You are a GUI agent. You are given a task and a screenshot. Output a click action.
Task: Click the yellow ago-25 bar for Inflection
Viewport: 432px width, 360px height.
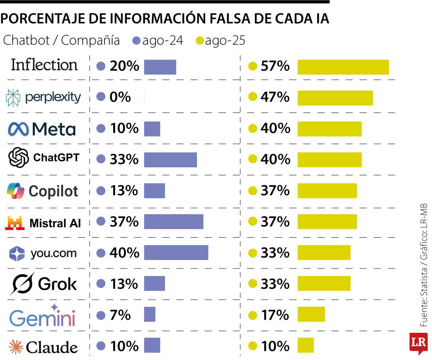click(x=343, y=67)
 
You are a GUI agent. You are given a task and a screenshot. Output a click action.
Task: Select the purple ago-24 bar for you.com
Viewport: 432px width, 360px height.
click(x=176, y=253)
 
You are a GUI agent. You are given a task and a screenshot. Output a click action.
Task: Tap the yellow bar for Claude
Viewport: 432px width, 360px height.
click(x=306, y=345)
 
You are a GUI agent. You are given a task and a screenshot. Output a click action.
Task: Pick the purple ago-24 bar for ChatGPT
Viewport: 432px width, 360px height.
click(x=170, y=160)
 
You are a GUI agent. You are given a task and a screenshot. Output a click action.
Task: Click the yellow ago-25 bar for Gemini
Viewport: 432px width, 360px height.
click(x=311, y=314)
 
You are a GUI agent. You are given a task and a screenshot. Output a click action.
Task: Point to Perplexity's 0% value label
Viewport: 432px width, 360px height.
click(x=120, y=97)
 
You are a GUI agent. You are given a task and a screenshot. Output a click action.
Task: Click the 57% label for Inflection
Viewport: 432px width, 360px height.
click(x=275, y=66)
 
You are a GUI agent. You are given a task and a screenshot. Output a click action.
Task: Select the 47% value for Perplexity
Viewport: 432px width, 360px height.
click(x=275, y=97)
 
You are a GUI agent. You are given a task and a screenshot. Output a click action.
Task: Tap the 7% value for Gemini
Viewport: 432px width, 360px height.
click(x=120, y=315)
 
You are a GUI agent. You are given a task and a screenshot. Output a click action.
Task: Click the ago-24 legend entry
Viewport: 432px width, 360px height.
click(x=158, y=40)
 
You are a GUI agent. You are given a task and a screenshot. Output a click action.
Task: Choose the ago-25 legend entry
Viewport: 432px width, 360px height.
click(x=220, y=40)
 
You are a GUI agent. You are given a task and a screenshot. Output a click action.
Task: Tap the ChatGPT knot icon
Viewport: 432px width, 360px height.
click(x=19, y=158)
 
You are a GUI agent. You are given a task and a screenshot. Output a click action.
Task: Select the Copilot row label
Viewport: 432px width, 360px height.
click(x=43, y=191)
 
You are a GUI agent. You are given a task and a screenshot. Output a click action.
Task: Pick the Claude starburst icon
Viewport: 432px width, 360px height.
click(x=16, y=346)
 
